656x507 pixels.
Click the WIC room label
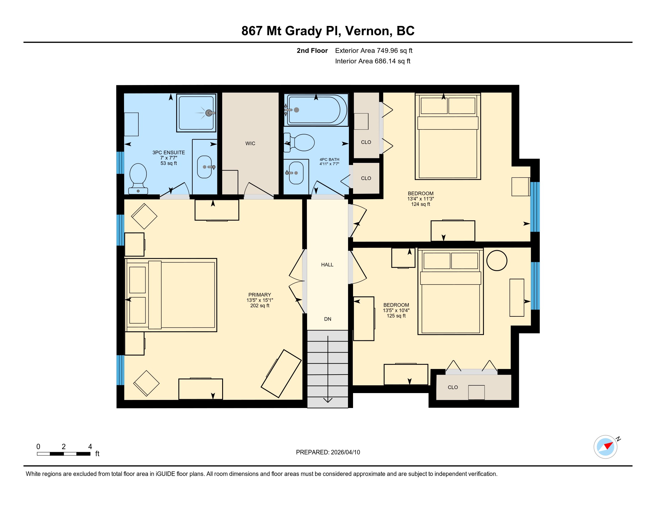[x=250, y=143]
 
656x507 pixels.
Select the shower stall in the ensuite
[x=197, y=113]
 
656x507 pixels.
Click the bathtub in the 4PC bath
[x=316, y=110]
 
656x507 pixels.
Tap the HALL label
[x=327, y=265]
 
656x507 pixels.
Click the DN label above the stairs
[x=328, y=319]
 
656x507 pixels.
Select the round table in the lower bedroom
[x=497, y=260]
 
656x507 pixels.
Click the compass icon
[x=606, y=447]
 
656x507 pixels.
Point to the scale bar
[x=64, y=454]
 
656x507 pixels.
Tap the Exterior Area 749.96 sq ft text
[x=374, y=50]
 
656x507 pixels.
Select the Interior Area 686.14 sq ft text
[x=373, y=61]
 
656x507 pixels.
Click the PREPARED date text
[x=328, y=452]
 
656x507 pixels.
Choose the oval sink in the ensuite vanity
[x=205, y=167]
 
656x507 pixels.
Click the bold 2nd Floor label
[x=312, y=50]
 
